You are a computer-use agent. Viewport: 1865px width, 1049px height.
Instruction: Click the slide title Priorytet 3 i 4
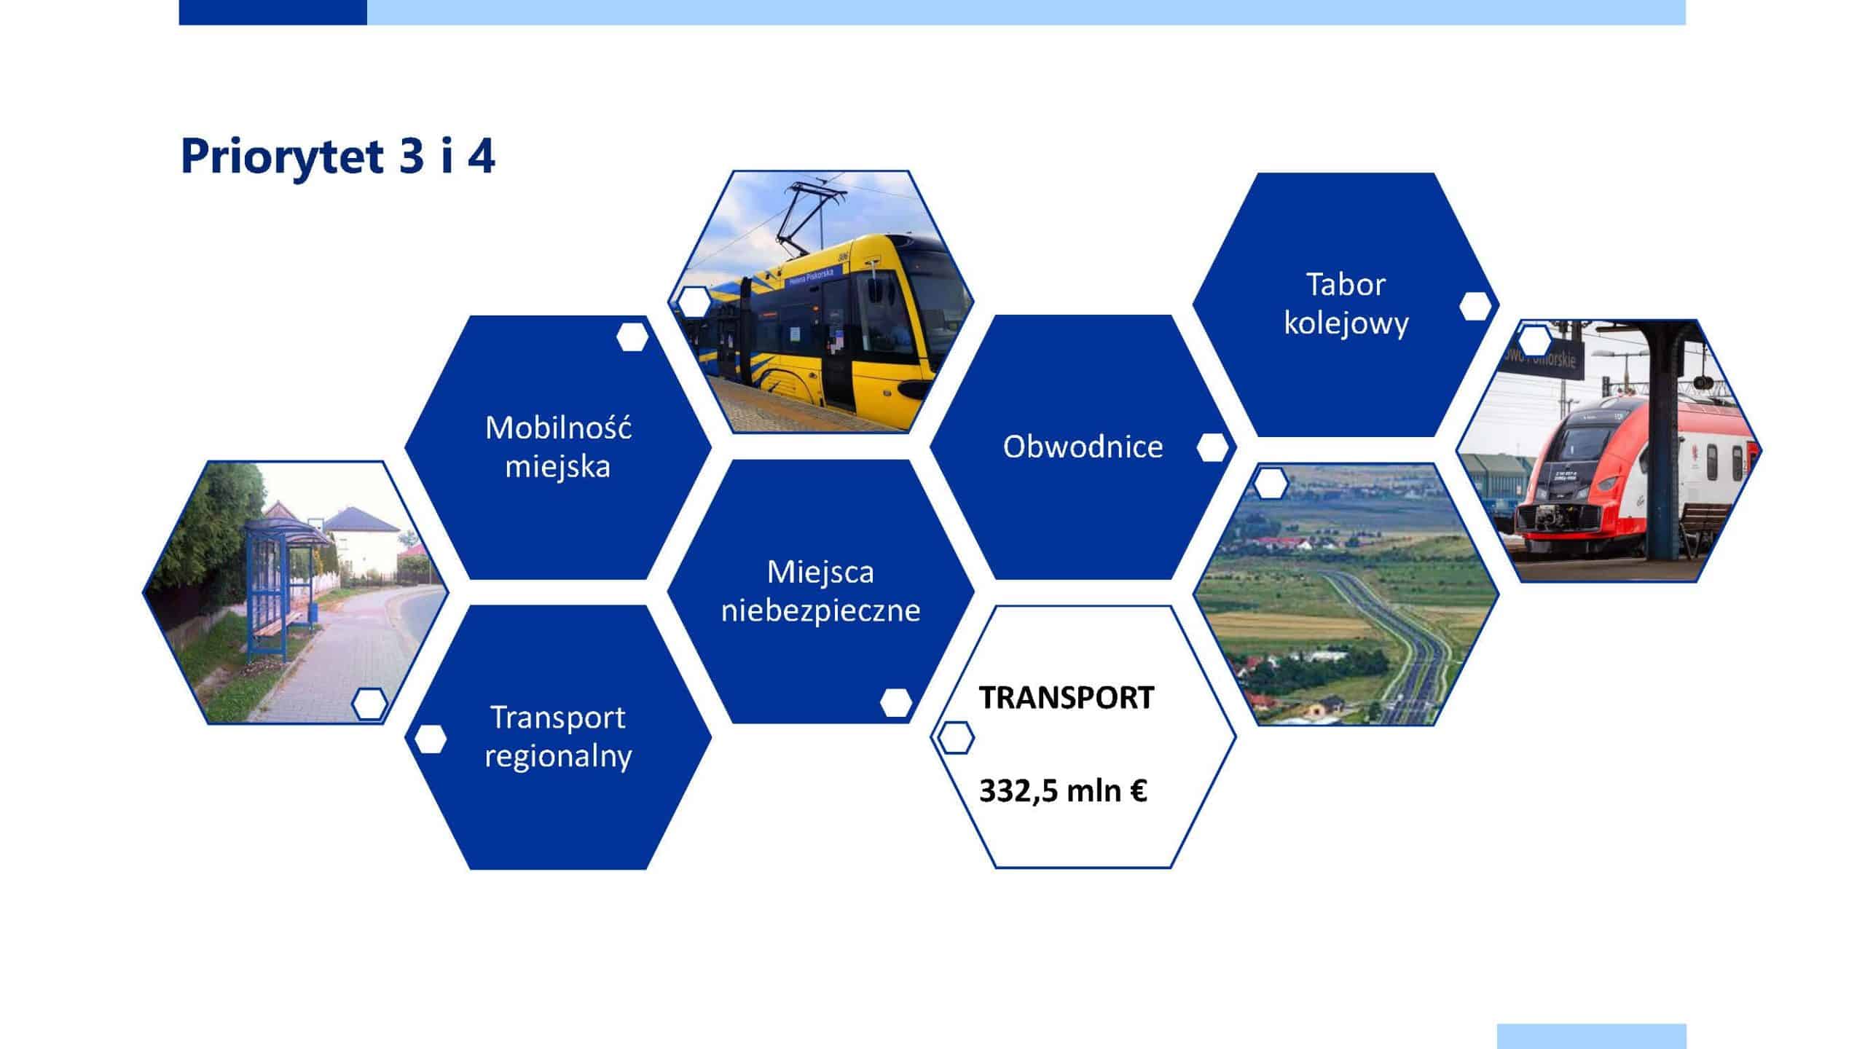tap(337, 156)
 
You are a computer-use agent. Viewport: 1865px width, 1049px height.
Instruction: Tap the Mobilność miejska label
tap(558, 447)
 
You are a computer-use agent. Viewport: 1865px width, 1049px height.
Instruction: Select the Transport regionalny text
tap(558, 736)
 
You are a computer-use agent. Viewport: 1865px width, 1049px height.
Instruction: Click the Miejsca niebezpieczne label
tap(820, 591)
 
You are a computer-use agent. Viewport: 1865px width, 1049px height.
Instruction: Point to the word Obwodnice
tap(1083, 447)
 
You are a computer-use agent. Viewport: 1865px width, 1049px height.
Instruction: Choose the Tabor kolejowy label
tap(1346, 303)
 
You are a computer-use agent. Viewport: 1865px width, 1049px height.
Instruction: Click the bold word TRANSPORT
tap(1067, 697)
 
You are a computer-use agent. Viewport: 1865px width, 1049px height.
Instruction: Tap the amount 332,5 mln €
tap(1063, 790)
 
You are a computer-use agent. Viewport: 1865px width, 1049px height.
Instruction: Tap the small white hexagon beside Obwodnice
tap(1212, 448)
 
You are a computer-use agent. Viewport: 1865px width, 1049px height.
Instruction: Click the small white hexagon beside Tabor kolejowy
tap(1475, 306)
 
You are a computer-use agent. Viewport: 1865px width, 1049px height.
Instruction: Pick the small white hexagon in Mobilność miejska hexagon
tap(632, 337)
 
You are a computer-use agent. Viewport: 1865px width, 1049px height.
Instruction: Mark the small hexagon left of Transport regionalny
tap(430, 739)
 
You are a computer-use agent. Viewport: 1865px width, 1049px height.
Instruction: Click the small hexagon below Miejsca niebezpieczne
tap(896, 703)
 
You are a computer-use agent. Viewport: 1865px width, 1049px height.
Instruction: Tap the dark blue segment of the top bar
tap(272, 12)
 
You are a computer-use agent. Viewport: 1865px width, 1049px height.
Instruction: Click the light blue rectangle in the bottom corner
tap(1592, 1036)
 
